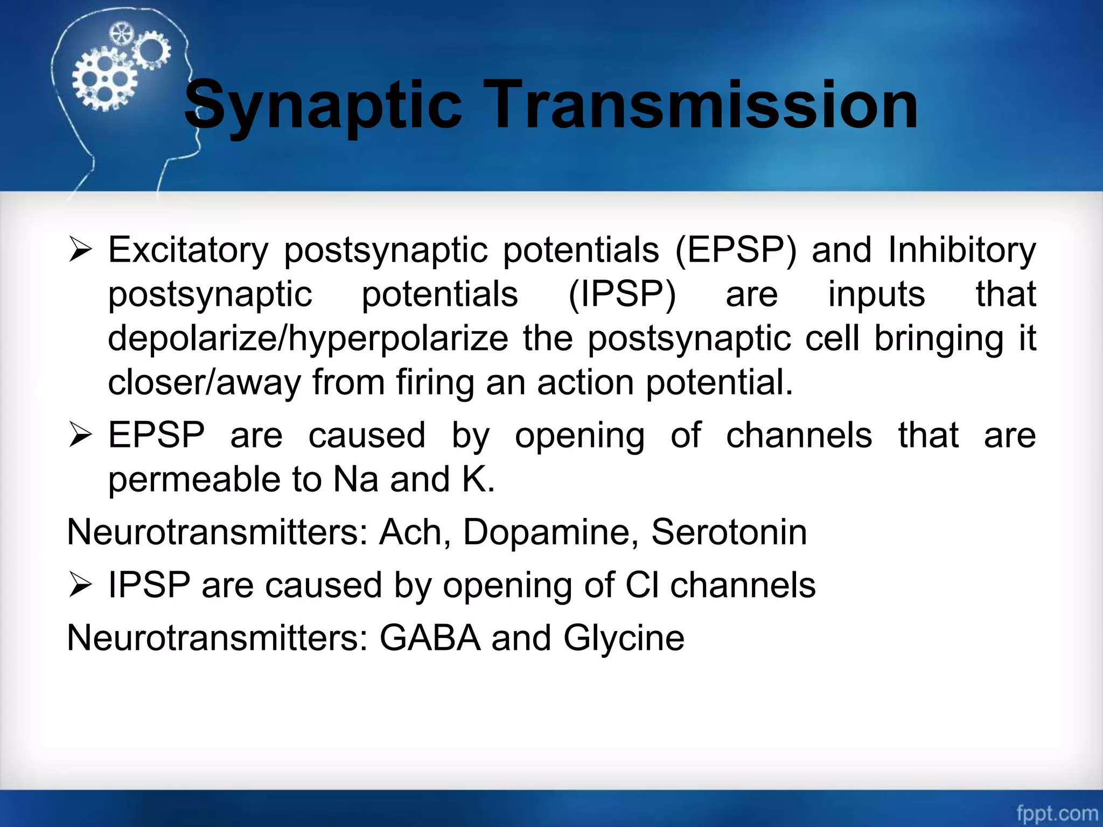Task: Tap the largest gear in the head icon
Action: click(x=104, y=81)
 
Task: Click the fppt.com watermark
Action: click(x=1056, y=812)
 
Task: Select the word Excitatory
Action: click(x=188, y=250)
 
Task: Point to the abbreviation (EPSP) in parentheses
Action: click(x=735, y=250)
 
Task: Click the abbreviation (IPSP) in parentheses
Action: click(x=622, y=295)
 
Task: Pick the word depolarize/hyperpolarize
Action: click(x=308, y=339)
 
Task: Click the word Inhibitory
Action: click(x=962, y=250)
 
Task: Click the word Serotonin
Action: click(x=729, y=532)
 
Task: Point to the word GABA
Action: click(x=430, y=637)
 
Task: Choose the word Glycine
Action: click(x=624, y=639)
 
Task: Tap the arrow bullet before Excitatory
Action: click(x=80, y=251)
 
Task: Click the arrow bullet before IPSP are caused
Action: click(x=80, y=586)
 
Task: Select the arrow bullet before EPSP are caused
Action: click(x=80, y=436)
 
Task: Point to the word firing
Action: click(x=435, y=382)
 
